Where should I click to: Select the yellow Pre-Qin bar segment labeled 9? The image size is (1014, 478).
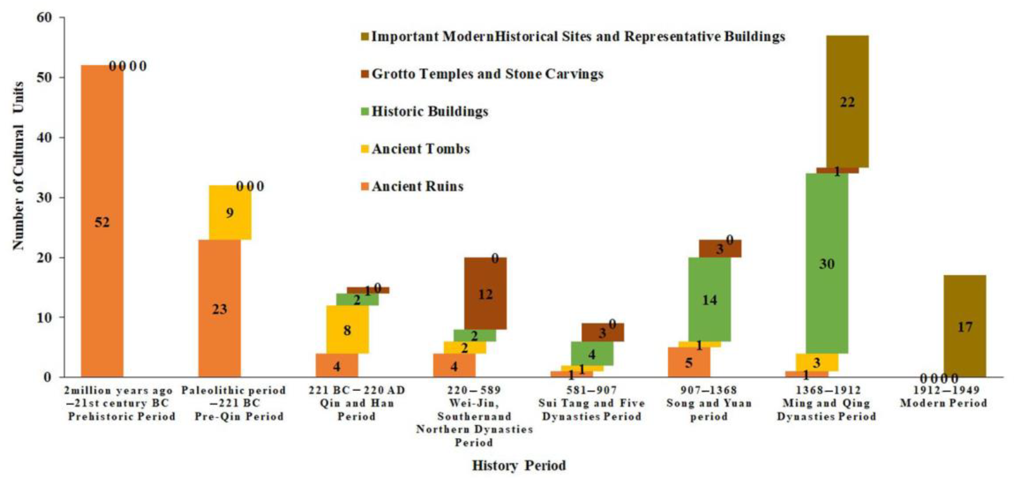click(230, 212)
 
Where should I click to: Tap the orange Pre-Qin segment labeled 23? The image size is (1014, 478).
click(219, 308)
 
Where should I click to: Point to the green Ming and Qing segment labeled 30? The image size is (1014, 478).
click(826, 263)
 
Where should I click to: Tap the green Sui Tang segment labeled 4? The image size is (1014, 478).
click(592, 354)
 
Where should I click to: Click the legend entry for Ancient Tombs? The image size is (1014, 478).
click(420, 149)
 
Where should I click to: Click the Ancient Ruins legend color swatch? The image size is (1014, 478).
click(365, 186)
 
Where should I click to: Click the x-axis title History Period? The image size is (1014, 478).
click(519, 465)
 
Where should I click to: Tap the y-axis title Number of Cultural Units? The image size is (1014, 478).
click(18, 165)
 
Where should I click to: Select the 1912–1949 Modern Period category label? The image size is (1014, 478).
click(943, 397)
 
